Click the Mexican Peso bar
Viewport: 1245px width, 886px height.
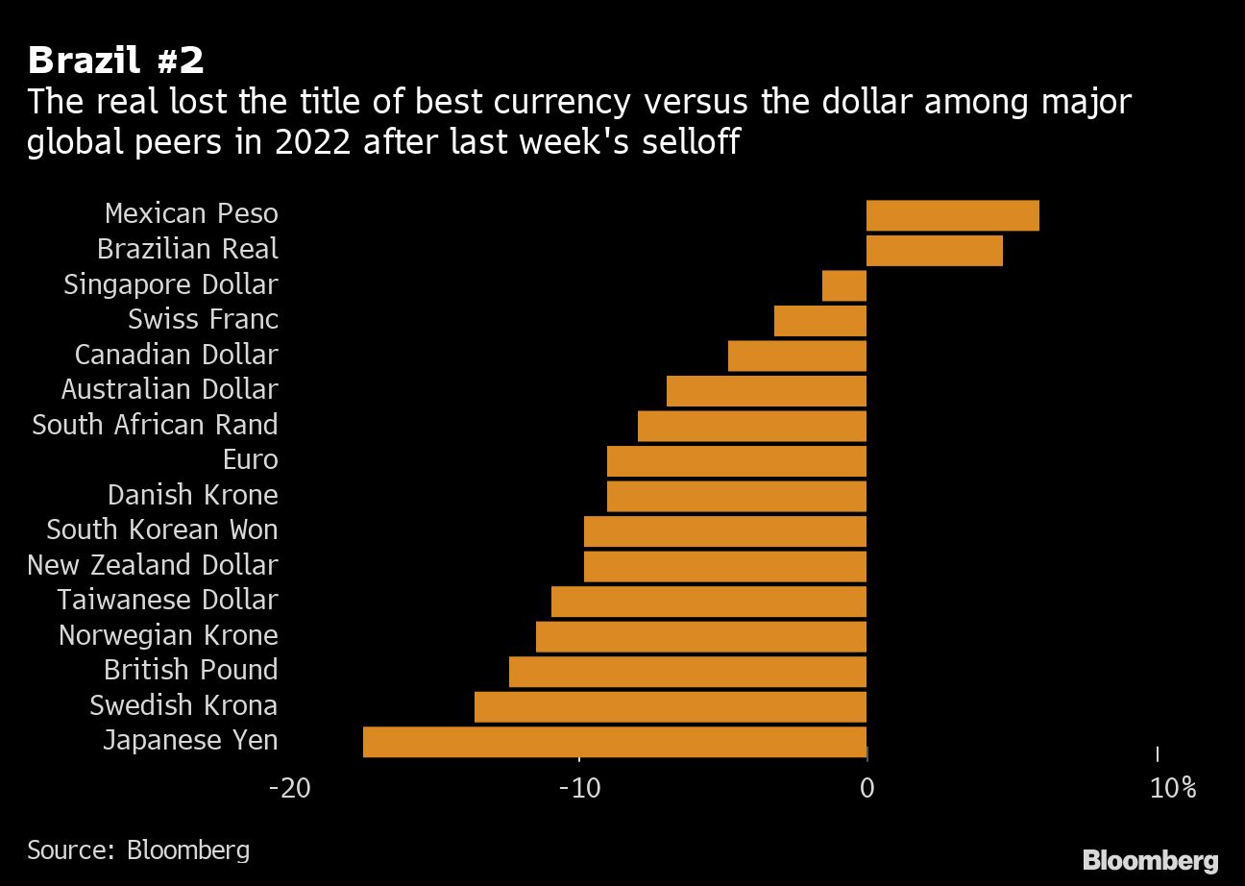click(952, 216)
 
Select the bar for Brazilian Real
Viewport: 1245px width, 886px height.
click(934, 251)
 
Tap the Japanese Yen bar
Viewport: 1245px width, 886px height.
click(615, 742)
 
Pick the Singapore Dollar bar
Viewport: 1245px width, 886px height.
click(844, 286)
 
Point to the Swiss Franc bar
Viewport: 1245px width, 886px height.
click(820, 321)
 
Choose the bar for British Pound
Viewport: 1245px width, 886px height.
click(688, 672)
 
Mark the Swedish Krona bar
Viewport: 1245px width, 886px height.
click(671, 706)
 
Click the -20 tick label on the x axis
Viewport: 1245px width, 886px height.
click(289, 789)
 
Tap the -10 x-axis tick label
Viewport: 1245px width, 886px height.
click(579, 789)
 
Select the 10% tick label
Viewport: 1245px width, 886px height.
click(1173, 789)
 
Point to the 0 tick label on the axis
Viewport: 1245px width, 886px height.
click(867, 789)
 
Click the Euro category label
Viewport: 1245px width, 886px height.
click(250, 460)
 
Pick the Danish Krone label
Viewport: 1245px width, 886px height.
click(192, 495)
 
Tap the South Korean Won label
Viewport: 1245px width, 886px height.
click(161, 529)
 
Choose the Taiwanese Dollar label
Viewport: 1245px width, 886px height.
click(167, 601)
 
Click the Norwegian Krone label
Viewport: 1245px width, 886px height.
click(168, 635)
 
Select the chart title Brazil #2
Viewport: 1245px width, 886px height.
click(115, 62)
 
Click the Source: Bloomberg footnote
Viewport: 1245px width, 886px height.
click(138, 850)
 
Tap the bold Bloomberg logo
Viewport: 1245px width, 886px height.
click(1150, 860)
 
